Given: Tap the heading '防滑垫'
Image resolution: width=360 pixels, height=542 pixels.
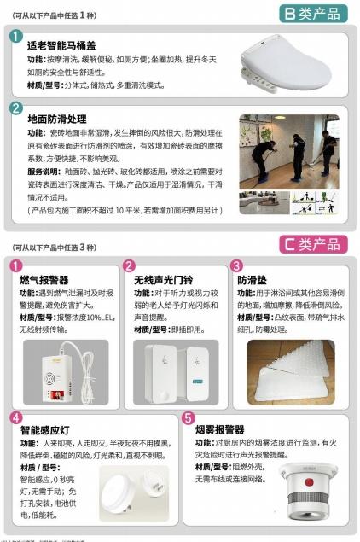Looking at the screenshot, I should point(253,279).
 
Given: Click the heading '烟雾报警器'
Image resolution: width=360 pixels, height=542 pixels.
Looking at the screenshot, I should point(220,429).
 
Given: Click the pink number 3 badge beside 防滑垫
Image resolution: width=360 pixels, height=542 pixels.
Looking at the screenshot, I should point(236,266).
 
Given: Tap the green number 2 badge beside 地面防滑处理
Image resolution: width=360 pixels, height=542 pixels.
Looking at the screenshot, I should point(16,108).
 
